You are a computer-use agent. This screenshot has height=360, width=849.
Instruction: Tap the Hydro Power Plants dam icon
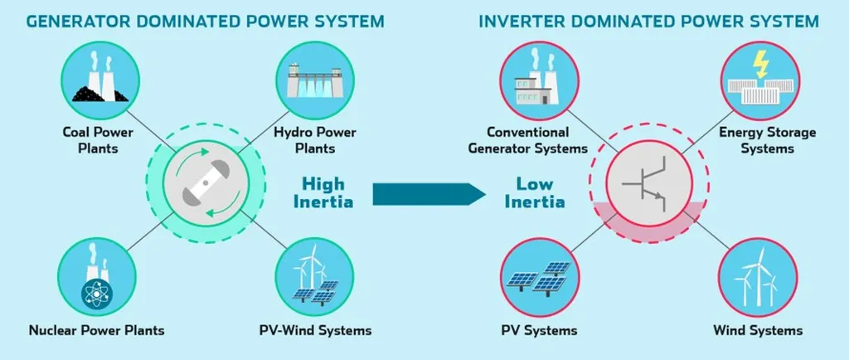[314, 77]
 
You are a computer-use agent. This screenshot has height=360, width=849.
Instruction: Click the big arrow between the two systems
[428, 193]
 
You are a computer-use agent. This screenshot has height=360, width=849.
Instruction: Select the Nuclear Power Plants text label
[96, 330]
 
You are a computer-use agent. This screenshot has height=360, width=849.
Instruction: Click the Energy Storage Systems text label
[754, 140]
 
